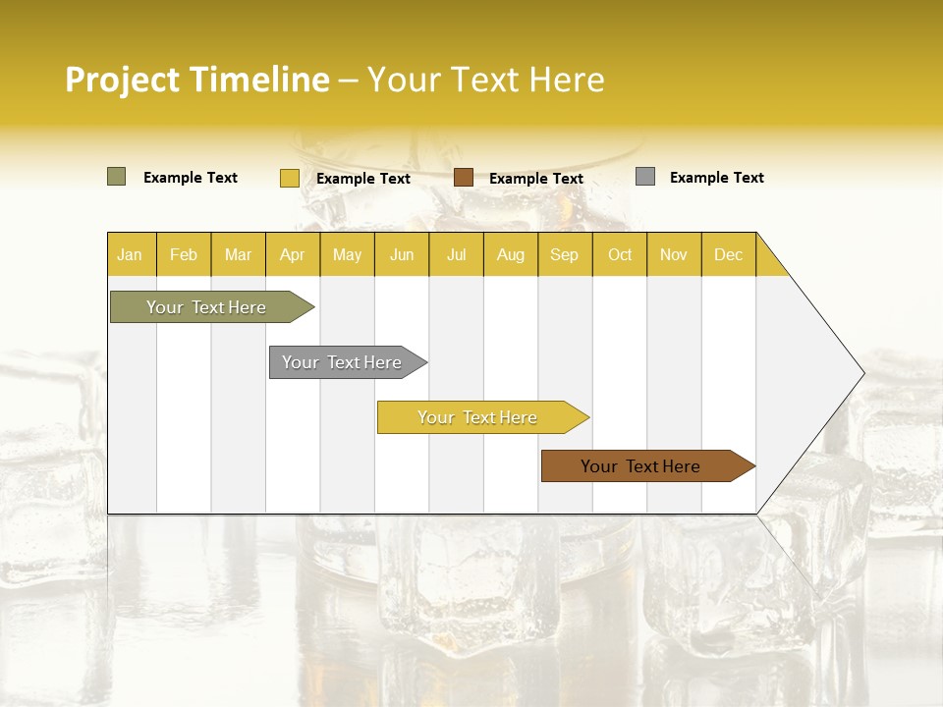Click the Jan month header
[130, 254]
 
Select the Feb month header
[184, 254]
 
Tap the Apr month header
[293, 254]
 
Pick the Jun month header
[402, 254]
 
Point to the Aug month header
[511, 254]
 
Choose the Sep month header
[565, 254]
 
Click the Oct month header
[620, 254]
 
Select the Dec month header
[729, 254]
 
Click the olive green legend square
[116, 177]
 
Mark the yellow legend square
[289, 178]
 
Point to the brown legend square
[464, 178]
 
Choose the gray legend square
[645, 177]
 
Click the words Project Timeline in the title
[197, 80]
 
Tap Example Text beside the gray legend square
[717, 178]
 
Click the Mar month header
[238, 254]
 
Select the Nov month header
[674, 254]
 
